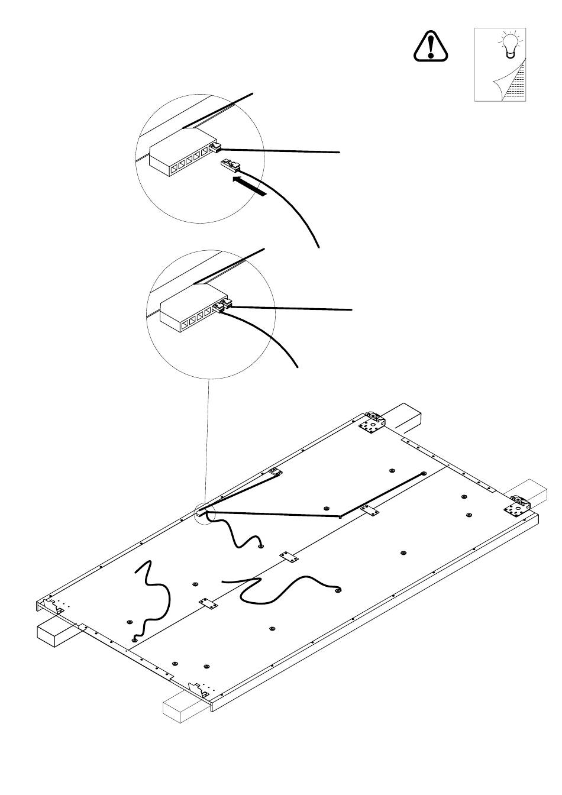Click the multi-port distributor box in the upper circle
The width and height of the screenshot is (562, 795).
point(180,159)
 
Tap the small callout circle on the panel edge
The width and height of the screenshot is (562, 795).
point(204,515)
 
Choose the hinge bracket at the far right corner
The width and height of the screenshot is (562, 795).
point(519,507)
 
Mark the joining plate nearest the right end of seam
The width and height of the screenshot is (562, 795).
point(372,511)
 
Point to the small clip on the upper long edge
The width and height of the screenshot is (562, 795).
point(274,473)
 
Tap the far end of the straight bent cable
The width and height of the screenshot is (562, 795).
point(424,474)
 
